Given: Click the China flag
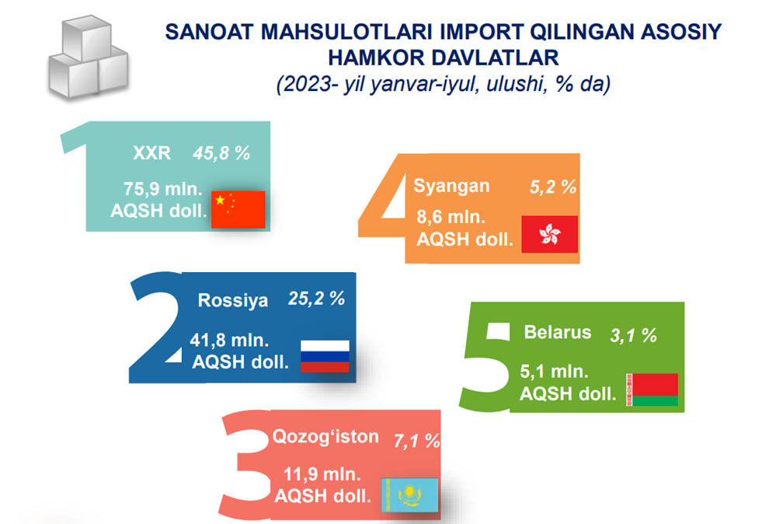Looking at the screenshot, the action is [x=238, y=209].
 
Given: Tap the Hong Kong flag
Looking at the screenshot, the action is [x=549, y=234].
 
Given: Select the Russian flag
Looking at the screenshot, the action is [x=325, y=356].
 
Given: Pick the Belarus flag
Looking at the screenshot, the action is [x=652, y=390].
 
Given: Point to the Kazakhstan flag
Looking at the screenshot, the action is [x=409, y=495].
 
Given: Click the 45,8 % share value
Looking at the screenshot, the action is [x=221, y=154].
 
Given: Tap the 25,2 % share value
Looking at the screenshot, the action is [x=316, y=299].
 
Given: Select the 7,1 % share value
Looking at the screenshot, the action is [x=416, y=441].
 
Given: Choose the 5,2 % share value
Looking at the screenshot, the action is [x=553, y=187].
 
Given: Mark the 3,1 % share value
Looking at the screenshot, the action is [x=633, y=336].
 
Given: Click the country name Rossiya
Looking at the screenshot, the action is [x=232, y=300].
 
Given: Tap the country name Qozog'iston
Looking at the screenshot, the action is [x=325, y=436].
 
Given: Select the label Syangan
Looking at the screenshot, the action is [x=451, y=187].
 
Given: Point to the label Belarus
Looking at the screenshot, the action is [x=557, y=332].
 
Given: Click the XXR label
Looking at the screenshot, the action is [x=151, y=153].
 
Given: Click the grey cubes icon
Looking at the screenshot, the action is [x=89, y=57].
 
